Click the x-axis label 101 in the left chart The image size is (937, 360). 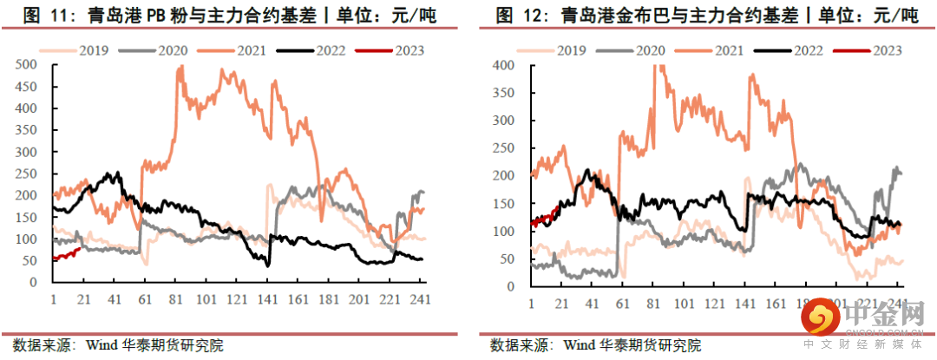[x=206, y=299]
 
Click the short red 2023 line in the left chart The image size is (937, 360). [x=66, y=253]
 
